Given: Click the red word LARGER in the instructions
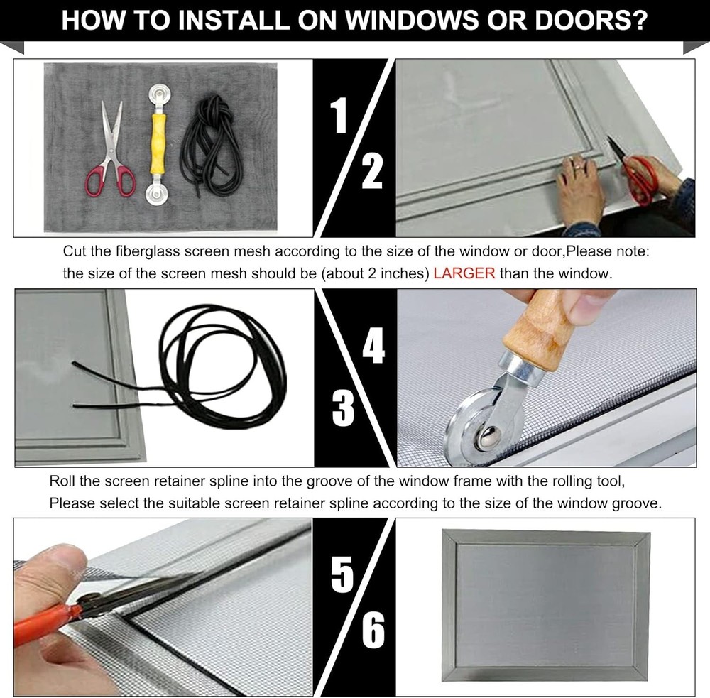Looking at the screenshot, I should (464, 273).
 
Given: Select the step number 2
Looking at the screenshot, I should (372, 172).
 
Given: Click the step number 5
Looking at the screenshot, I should (342, 574).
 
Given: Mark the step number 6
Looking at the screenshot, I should (373, 629).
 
